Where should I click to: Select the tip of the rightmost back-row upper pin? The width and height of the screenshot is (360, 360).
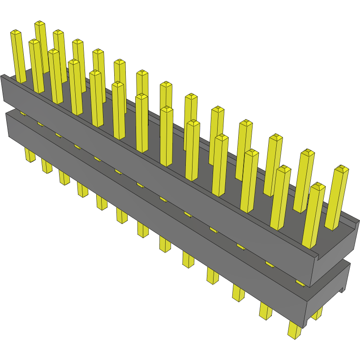pos(342,169)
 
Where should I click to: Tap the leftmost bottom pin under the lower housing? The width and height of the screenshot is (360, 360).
pos(30,155)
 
